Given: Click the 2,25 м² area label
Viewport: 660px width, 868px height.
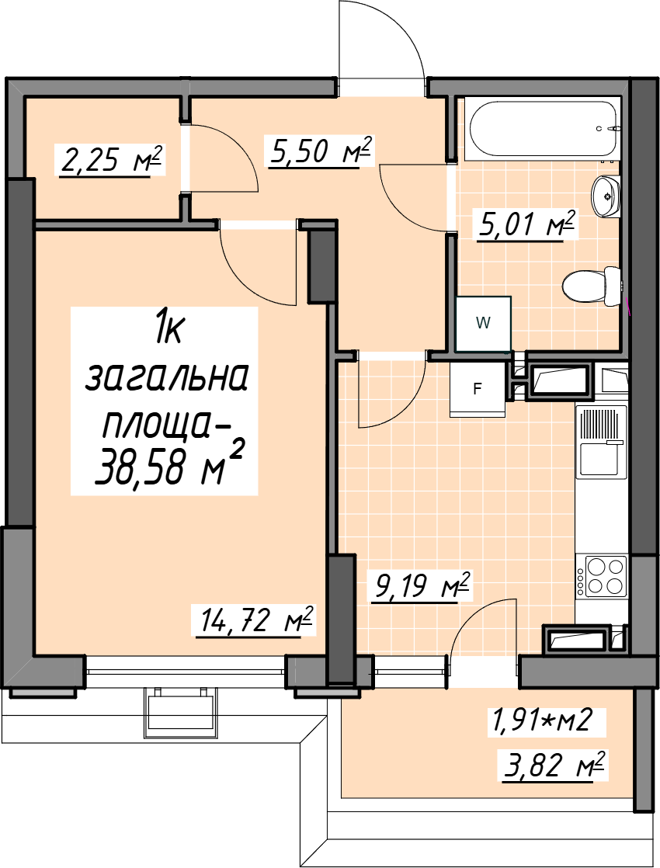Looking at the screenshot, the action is point(112,161).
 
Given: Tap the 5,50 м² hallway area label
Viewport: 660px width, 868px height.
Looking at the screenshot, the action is point(320,151).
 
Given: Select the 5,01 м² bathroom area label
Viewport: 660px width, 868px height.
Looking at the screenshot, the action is point(527,224).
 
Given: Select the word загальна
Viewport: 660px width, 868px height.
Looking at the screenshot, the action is point(166,378).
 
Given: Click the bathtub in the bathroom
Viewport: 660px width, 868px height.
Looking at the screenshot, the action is point(543,128).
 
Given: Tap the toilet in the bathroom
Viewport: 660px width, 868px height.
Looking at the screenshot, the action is point(592,286).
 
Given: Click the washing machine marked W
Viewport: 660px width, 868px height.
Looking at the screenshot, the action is point(483,323).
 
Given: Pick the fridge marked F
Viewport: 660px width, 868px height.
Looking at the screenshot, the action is point(478,389).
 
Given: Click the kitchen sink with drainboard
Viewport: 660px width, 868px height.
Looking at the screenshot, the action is point(601,442).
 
